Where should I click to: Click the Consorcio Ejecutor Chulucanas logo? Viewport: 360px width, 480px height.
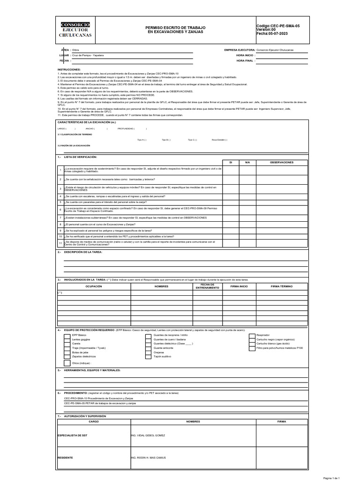coord(75,30)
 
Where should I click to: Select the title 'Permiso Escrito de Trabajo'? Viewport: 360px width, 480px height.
coord(176,28)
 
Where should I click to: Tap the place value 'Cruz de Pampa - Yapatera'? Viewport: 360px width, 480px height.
coord(88,55)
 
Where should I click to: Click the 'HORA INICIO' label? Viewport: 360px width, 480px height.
coord(246,55)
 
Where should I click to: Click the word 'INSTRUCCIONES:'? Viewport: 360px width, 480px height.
coord(69,69)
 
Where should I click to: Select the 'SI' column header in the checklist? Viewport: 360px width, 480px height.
coord(230,162)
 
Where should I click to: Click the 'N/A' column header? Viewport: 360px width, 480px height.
coord(247,162)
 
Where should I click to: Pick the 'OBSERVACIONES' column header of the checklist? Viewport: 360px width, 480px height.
coord(282,162)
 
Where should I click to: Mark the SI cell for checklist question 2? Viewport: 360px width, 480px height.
coord(230,180)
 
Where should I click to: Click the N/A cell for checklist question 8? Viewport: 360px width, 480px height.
coord(247,224)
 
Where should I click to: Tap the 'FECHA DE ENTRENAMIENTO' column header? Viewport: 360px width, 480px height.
coord(207,286)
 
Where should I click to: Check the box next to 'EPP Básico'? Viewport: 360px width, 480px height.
coord(67,336)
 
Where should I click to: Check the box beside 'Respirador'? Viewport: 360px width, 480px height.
coord(252,336)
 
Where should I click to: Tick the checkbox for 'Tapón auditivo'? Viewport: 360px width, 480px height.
coord(148,357)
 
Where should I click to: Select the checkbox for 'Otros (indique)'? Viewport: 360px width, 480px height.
coord(67,363)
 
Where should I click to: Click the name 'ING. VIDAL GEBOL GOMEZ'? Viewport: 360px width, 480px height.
coord(148,435)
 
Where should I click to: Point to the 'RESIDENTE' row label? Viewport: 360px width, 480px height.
coord(66,457)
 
